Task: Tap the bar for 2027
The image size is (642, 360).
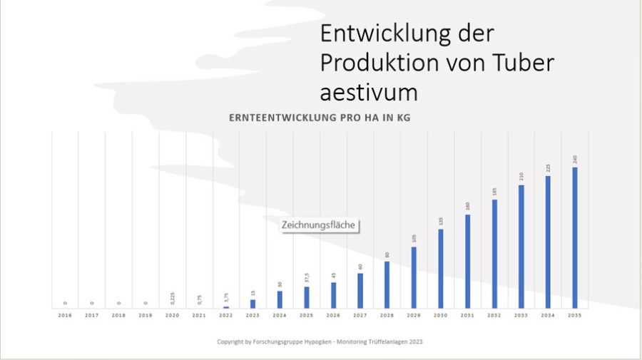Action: (x=360, y=290)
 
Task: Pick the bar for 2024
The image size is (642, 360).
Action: (x=280, y=299)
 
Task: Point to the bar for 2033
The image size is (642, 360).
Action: (x=521, y=246)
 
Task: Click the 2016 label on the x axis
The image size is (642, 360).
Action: (x=65, y=314)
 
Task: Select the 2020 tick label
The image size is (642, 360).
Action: (x=172, y=314)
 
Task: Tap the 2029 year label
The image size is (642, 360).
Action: (x=414, y=314)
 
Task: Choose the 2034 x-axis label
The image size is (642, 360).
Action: (x=548, y=314)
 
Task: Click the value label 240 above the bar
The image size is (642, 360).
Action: (x=575, y=158)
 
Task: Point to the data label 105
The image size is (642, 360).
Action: (x=414, y=239)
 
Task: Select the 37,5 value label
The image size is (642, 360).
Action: (x=307, y=277)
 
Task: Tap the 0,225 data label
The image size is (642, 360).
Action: (x=172, y=298)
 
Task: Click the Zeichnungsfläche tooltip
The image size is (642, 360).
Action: (x=318, y=225)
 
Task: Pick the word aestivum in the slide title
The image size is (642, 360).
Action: (x=368, y=93)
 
